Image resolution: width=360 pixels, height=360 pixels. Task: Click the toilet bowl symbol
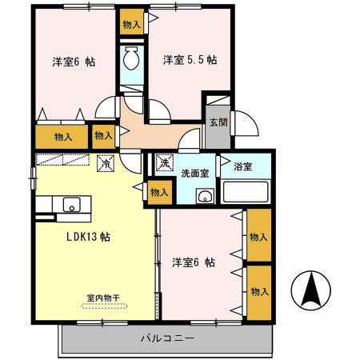click(x=131, y=58)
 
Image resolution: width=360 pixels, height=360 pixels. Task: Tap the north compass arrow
click(x=311, y=289)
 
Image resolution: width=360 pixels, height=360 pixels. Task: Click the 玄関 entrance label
click(x=218, y=122)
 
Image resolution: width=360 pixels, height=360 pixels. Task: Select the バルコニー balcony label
click(x=167, y=338)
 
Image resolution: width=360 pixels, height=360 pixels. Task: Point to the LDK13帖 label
click(x=88, y=237)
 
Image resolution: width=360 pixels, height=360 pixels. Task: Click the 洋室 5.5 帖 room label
click(x=190, y=60)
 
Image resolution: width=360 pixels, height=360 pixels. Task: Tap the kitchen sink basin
click(x=71, y=205)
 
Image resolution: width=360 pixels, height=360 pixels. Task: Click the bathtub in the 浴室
click(x=246, y=192)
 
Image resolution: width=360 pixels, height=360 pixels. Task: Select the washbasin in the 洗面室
click(x=205, y=196)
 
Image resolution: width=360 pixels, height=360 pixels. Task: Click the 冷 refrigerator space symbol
click(x=106, y=163)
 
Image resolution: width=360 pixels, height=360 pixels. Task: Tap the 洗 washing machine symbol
click(x=164, y=162)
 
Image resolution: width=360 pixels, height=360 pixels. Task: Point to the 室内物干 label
click(x=103, y=298)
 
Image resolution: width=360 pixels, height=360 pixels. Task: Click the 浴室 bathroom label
click(x=243, y=167)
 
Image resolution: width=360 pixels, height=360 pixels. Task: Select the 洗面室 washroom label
click(x=195, y=174)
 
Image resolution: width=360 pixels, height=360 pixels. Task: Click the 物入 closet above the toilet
click(x=132, y=22)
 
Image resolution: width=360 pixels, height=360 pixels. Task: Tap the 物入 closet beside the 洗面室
click(x=159, y=192)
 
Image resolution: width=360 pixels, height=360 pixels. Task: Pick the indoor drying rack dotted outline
click(x=105, y=306)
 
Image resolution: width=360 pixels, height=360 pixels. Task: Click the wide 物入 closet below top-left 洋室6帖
click(x=62, y=137)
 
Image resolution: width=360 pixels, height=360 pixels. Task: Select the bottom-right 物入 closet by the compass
click(x=259, y=292)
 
